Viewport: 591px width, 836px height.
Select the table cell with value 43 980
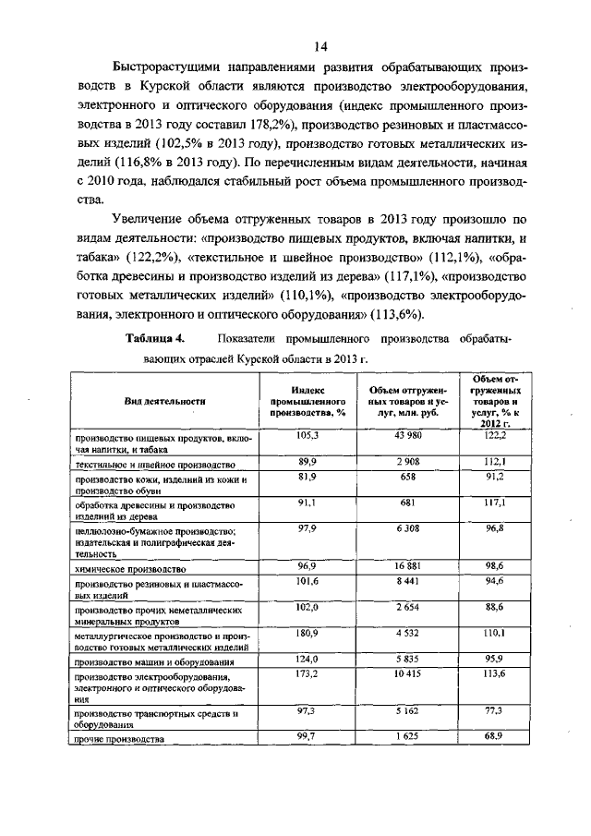click(x=407, y=434)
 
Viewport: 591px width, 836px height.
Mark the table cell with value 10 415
click(x=407, y=675)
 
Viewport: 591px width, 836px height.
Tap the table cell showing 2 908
click(x=407, y=459)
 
